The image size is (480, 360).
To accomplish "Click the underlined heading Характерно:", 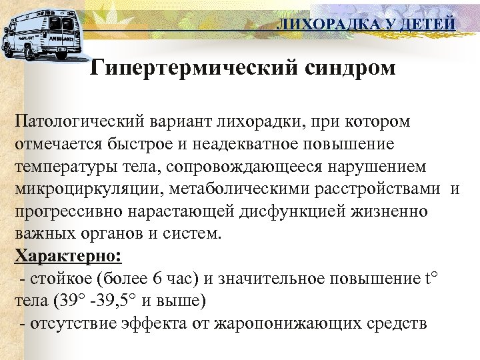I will point(69,257).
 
